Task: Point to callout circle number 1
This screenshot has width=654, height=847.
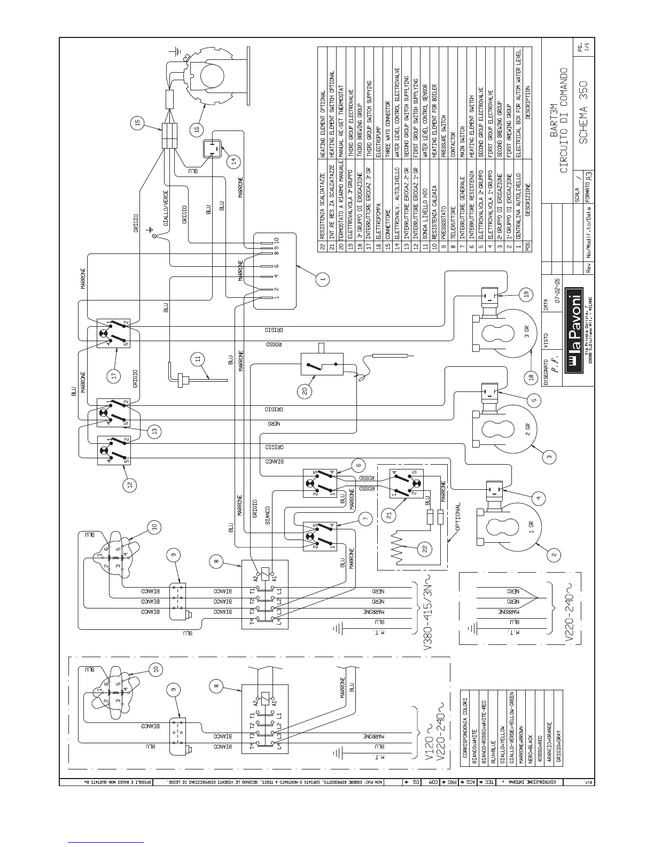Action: (x=322, y=279)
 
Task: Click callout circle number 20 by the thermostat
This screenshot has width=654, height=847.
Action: (x=305, y=391)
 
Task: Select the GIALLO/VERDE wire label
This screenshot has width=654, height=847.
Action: (x=166, y=207)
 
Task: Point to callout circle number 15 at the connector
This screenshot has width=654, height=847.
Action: (x=137, y=123)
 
